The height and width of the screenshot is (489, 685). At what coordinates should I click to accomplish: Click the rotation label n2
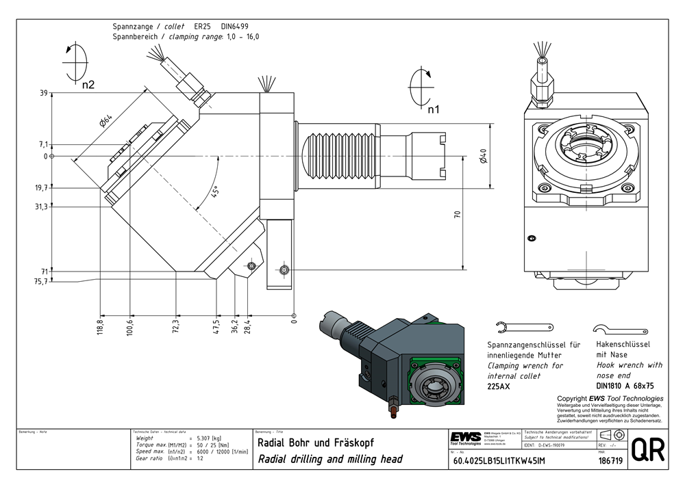pyautogui.click(x=88, y=85)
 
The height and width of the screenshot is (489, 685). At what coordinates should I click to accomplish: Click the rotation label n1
pyautogui.click(x=434, y=109)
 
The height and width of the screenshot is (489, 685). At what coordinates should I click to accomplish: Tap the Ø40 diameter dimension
pyautogui.click(x=482, y=157)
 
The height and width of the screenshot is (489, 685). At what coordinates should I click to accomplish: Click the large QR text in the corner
pyautogui.click(x=647, y=451)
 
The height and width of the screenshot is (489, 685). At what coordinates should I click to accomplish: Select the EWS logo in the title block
pyautogui.click(x=465, y=438)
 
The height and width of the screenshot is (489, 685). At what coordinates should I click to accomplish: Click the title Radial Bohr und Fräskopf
pyautogui.click(x=315, y=442)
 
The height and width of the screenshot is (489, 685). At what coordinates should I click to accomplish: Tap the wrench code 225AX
pyautogui.click(x=499, y=386)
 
